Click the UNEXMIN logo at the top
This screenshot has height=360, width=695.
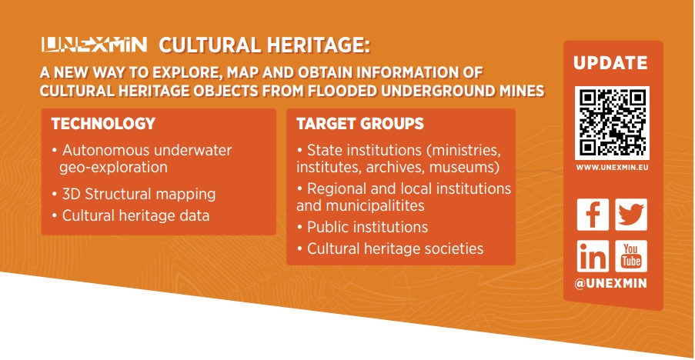[x=94, y=45]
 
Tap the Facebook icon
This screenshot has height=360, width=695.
[x=593, y=215]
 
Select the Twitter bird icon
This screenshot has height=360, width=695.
[x=630, y=215]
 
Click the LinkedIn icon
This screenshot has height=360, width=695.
[x=593, y=256]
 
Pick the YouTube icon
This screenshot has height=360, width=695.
[x=630, y=256]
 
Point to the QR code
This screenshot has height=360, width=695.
[x=612, y=123]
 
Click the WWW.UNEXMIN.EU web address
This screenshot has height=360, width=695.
[x=612, y=168]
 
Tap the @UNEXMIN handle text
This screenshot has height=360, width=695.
[x=611, y=283]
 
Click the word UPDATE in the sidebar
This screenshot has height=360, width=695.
[x=610, y=63]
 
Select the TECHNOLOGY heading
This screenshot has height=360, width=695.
[x=103, y=124]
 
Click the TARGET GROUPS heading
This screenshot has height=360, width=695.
[x=360, y=124]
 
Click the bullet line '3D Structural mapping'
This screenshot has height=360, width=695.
[x=133, y=194]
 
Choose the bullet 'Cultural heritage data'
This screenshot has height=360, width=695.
[x=130, y=215]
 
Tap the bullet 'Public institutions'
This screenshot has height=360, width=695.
[x=363, y=227]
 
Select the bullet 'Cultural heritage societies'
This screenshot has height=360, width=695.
[x=390, y=249]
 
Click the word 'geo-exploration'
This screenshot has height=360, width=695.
[x=113, y=168]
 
